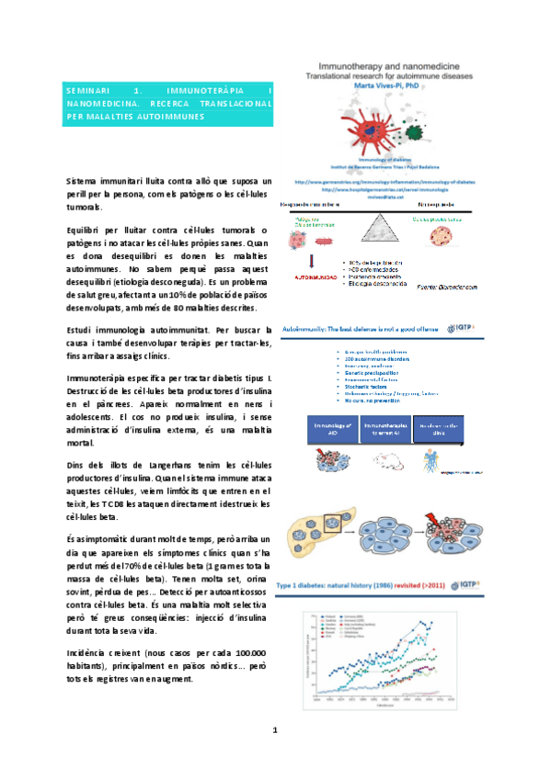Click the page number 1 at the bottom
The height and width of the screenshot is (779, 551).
(274, 730)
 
